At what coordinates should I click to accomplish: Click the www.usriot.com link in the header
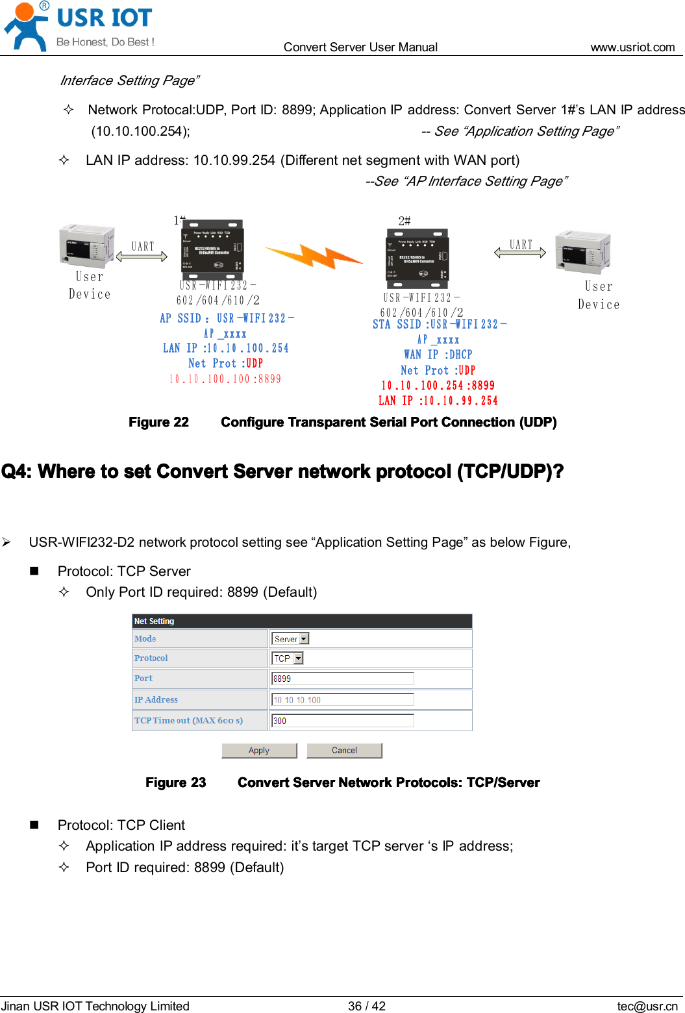coord(632,47)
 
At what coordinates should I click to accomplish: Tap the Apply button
coord(259,750)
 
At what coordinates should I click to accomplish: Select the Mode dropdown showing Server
coord(290,639)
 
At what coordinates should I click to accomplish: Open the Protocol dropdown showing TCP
coord(287,658)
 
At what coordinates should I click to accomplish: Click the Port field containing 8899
coord(342,679)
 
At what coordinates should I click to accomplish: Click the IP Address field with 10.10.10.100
coord(342,699)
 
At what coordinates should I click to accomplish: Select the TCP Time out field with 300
coord(342,721)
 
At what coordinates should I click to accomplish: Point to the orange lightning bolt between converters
coord(314,256)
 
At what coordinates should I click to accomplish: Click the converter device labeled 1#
coord(212,251)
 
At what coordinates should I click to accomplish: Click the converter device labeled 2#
coord(417,258)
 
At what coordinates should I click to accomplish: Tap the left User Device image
coord(86,246)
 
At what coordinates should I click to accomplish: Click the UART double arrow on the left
coord(142,256)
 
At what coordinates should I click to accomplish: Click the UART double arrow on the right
coord(520,253)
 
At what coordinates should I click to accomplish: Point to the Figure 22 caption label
coord(158,422)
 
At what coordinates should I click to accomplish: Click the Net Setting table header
coord(301,621)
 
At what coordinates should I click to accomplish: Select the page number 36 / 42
coord(366,1006)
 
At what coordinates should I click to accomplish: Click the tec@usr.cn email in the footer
coord(647,1006)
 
